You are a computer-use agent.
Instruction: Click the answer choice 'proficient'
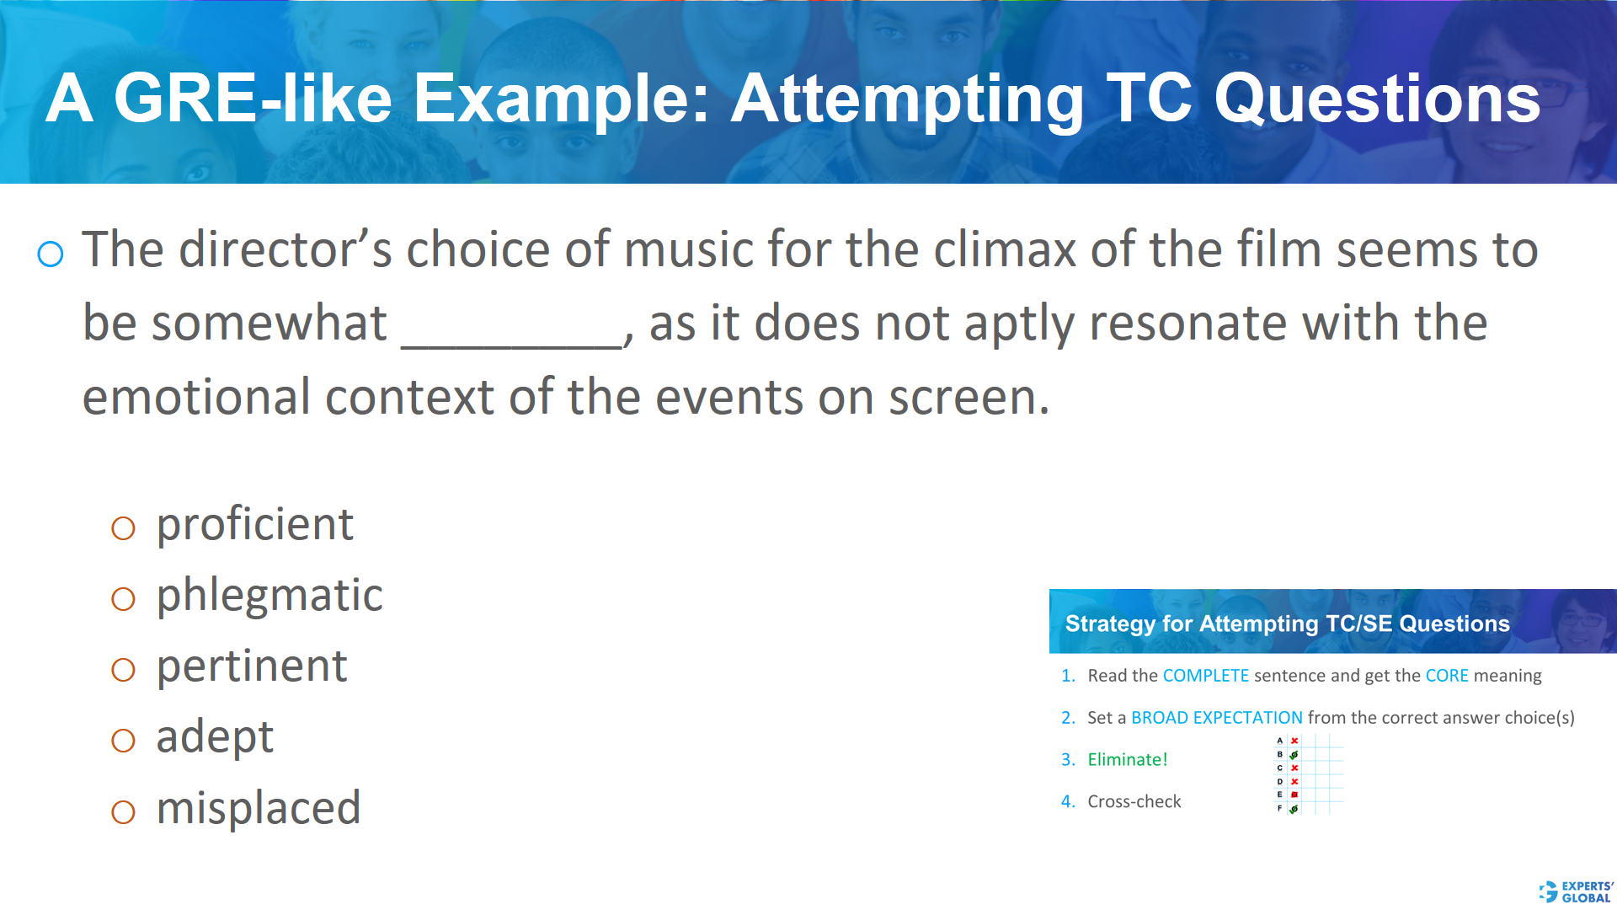click(254, 525)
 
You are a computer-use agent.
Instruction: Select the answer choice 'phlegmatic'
click(269, 596)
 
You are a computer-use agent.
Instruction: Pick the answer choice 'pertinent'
click(252, 666)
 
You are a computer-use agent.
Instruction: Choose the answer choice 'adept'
click(215, 737)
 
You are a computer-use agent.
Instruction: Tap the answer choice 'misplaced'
click(259, 808)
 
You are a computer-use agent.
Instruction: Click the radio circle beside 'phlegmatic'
click(123, 599)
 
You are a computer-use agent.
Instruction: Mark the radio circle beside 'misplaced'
click(123, 811)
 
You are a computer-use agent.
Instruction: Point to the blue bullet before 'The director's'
click(51, 254)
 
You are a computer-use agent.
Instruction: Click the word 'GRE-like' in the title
click(253, 99)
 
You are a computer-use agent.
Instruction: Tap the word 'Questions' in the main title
click(1377, 99)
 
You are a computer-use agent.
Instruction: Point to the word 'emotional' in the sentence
click(195, 398)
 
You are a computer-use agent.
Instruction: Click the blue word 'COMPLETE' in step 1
click(1205, 676)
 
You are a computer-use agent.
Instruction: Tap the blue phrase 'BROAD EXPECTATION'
click(1216, 718)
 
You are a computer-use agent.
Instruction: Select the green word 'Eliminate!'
click(1127, 760)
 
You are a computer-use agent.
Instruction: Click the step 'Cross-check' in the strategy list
click(1134, 802)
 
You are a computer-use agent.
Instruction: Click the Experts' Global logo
click(1575, 891)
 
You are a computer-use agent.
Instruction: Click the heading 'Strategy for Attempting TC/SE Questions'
click(1287, 624)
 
